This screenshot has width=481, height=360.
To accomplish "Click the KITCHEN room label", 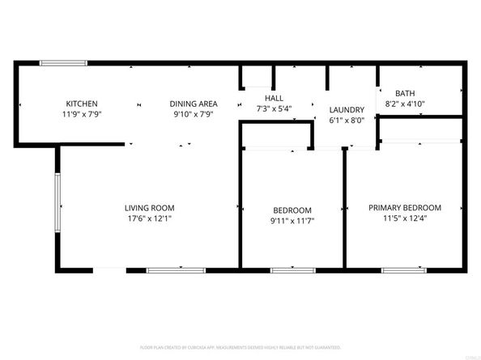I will (82, 104).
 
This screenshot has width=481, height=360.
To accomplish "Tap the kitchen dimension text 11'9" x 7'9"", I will (82, 114).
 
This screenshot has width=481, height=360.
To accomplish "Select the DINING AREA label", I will (194, 104).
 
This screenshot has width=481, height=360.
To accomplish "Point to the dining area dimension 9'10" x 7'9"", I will (193, 114).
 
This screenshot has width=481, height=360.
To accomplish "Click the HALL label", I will (273, 99).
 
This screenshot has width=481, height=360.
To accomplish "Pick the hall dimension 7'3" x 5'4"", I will (273, 108).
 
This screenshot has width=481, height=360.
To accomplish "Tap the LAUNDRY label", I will (346, 110).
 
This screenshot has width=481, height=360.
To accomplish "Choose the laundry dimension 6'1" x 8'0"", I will (346, 121).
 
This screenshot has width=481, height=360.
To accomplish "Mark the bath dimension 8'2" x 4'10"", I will (406, 104).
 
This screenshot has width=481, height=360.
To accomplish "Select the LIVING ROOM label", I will (149, 208).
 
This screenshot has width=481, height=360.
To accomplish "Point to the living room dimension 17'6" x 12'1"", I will (149, 219).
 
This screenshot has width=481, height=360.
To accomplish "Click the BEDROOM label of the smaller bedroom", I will (291, 210).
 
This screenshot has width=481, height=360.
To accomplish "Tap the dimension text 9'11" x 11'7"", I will (291, 221).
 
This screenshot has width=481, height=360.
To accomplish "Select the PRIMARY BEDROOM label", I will (405, 207).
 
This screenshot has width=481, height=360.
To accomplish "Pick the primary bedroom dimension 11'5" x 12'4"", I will (405, 218).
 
